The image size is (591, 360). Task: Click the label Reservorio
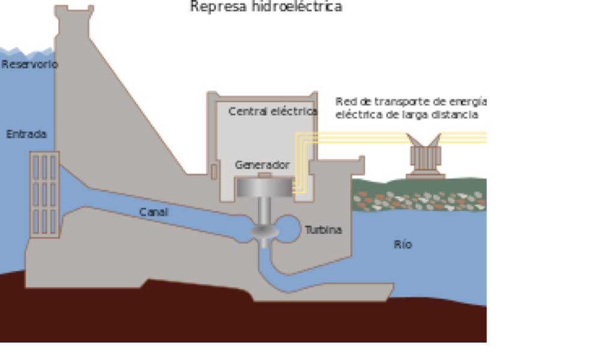(x=29, y=64)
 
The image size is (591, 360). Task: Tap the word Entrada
(x=26, y=134)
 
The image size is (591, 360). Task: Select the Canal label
(x=154, y=212)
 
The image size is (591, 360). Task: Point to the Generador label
(x=262, y=165)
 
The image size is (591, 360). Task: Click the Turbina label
(x=323, y=230)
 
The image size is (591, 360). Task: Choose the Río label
(x=402, y=245)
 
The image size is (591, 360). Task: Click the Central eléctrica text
(x=272, y=111)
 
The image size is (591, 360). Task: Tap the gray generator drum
(x=264, y=188)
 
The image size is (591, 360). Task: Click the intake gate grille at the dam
(x=44, y=194)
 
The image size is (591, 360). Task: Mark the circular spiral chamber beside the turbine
(x=287, y=228)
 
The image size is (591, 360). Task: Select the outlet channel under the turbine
(x=312, y=282)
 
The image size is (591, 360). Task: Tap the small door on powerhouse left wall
(x=214, y=172)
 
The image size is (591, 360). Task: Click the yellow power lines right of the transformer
(x=463, y=138)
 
